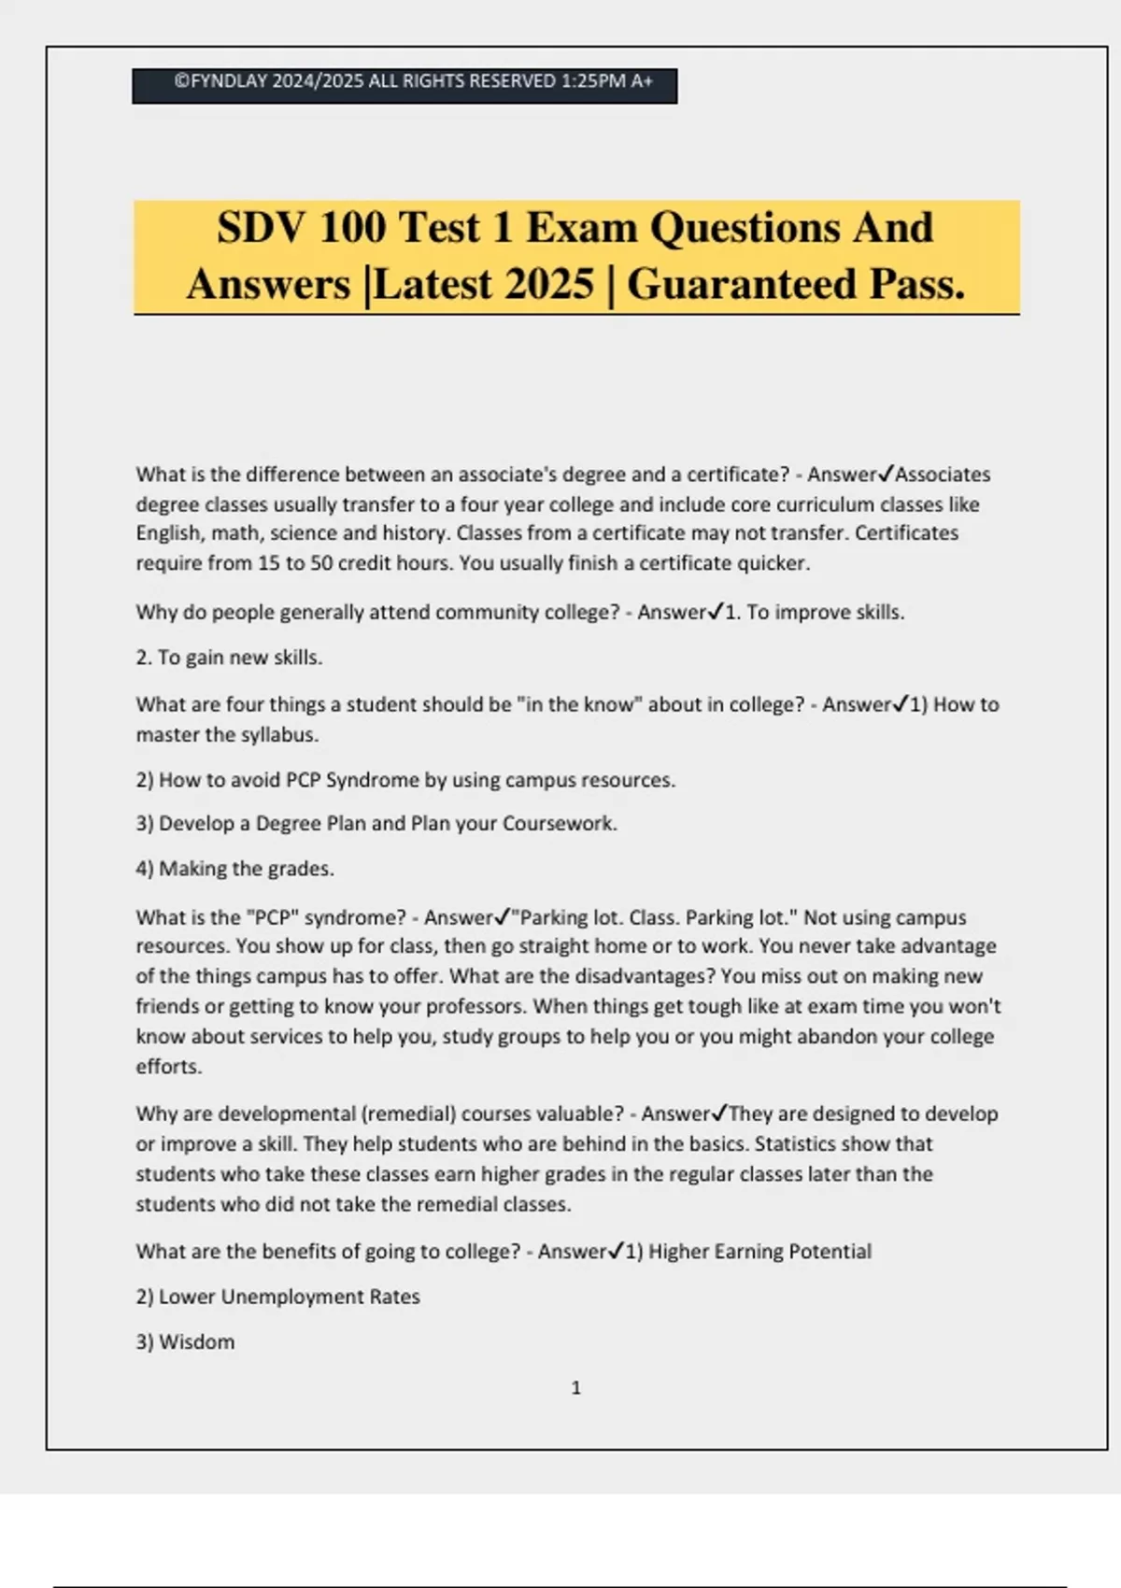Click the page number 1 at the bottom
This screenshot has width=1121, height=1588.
[x=575, y=1388]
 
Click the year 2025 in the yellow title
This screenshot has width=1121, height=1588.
[x=548, y=284]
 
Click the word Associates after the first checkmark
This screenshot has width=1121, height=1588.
[x=943, y=475]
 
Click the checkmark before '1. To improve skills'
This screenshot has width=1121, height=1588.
[x=716, y=612]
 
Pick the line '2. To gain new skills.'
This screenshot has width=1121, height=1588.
[x=229, y=658]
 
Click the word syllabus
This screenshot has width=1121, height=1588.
[x=279, y=735]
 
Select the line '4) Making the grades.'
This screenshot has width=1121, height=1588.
[x=234, y=869]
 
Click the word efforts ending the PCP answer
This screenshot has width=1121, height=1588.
[x=168, y=1067]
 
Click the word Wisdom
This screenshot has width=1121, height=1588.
[x=196, y=1342]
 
